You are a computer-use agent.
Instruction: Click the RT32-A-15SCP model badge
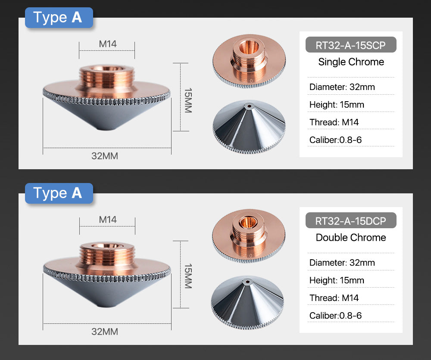pyautogui.click(x=350, y=45)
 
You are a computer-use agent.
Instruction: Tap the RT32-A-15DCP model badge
pyautogui.click(x=350, y=221)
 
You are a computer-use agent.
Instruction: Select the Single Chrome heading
pyautogui.click(x=351, y=62)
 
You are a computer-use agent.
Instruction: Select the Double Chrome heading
pyautogui.click(x=351, y=238)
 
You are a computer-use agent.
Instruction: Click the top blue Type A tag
pyautogui.click(x=59, y=18)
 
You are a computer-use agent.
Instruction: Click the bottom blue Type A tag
pyautogui.click(x=59, y=193)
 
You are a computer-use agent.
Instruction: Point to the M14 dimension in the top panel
pyautogui.click(x=107, y=44)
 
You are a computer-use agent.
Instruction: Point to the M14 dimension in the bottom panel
pyautogui.click(x=107, y=220)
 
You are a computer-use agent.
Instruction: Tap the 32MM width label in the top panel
pyautogui.click(x=105, y=156)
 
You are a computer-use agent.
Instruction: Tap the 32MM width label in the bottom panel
pyautogui.click(x=105, y=332)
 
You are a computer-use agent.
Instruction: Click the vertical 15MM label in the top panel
pyautogui.click(x=188, y=101)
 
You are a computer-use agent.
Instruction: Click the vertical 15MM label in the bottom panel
pyautogui.click(x=188, y=276)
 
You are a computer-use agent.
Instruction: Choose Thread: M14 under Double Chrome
pyautogui.click(x=334, y=298)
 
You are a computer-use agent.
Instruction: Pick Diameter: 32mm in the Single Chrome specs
pyautogui.click(x=342, y=87)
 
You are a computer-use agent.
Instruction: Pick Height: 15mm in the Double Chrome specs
pyautogui.click(x=337, y=280)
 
